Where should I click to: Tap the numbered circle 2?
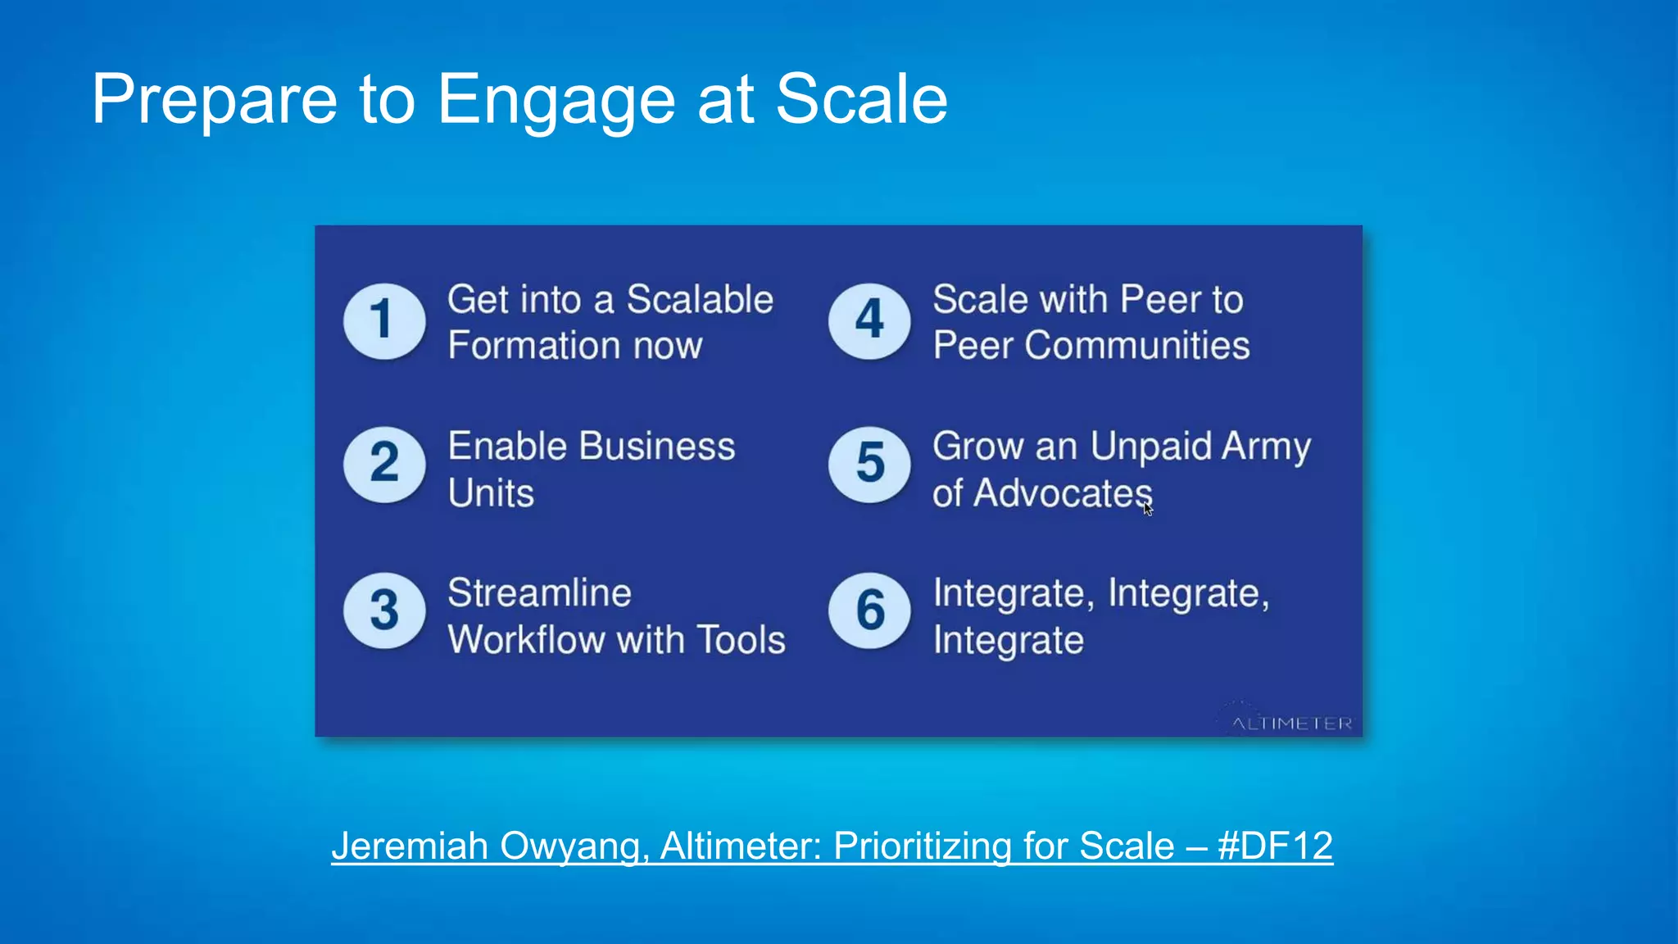pos(384,465)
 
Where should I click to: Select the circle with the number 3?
pos(384,610)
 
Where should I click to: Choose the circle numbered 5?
pos(869,465)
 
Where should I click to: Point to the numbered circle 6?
pos(869,610)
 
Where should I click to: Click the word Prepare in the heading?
pos(214,100)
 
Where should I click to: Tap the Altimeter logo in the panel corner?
pos(1290,721)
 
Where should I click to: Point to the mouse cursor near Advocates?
pos(1147,509)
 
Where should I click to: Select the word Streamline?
pos(539,593)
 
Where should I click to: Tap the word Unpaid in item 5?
pos(1150,447)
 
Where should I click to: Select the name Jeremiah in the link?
pos(410,846)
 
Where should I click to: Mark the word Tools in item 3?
pos(743,640)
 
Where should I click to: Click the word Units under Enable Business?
pos(491,493)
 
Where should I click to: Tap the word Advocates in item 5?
pos(1063,493)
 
